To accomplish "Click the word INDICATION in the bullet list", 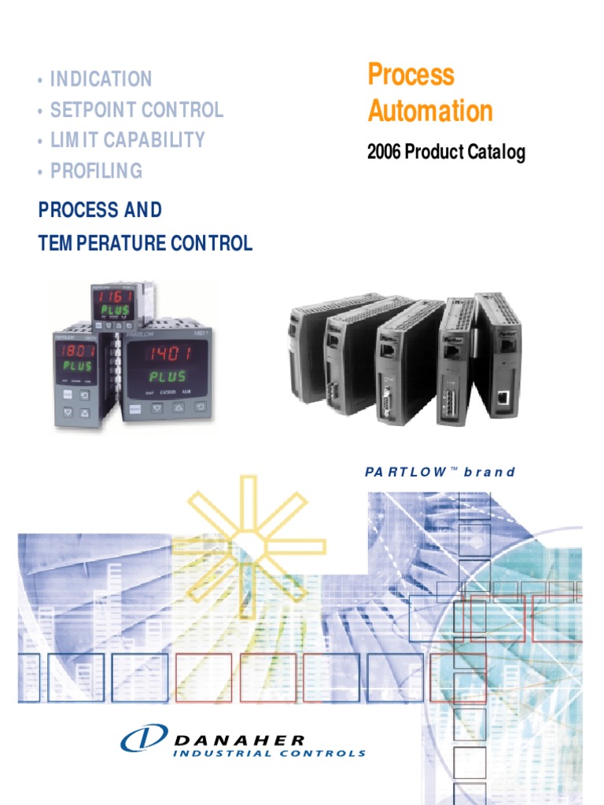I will pyautogui.click(x=101, y=79).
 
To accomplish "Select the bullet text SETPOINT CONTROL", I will pyautogui.click(x=136, y=110).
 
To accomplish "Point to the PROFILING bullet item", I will pyautogui.click(x=96, y=171).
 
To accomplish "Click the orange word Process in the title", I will pyautogui.click(x=411, y=75).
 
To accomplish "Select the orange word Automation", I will pyautogui.click(x=430, y=111).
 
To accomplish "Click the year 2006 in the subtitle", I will pyautogui.click(x=384, y=153).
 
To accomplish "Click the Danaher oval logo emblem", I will pyautogui.click(x=143, y=740).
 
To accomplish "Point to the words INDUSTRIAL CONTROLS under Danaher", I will pyautogui.click(x=270, y=753).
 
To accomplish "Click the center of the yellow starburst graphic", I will pyautogui.click(x=241, y=542).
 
